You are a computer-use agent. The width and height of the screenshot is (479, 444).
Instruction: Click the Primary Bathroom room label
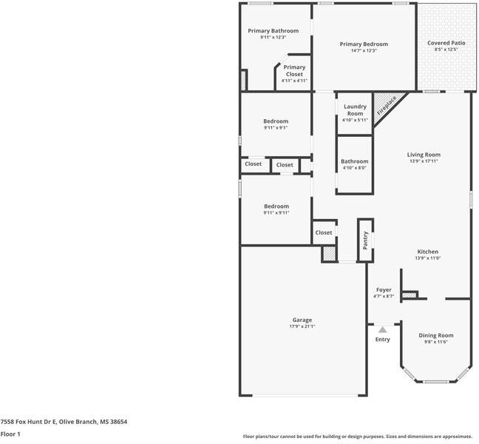tap(274, 30)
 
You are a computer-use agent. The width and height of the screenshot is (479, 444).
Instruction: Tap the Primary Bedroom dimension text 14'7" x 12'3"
tap(364, 50)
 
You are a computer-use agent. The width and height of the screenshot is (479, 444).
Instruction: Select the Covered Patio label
tap(446, 43)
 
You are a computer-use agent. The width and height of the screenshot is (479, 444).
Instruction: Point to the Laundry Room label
tap(355, 110)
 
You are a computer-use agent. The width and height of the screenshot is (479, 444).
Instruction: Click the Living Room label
tap(424, 155)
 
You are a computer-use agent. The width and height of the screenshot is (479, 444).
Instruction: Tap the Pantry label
tap(365, 240)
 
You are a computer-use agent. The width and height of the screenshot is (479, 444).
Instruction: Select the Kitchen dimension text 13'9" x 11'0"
tap(427, 258)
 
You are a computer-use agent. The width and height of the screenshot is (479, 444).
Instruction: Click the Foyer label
tap(384, 289)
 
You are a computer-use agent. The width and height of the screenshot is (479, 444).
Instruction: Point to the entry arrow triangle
tap(382, 329)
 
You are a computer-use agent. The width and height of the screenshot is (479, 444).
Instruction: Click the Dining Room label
tap(436, 335)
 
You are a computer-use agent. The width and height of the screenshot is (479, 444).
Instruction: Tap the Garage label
tap(302, 320)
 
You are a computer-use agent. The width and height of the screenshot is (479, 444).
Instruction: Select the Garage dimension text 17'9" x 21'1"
tap(302, 326)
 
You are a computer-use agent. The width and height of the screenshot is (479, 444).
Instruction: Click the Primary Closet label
tap(294, 70)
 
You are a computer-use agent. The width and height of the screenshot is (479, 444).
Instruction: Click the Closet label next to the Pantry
tap(324, 232)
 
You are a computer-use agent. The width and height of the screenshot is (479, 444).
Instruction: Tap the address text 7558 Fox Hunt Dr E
tap(30, 421)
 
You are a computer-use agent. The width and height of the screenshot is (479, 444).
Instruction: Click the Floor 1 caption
tap(10, 434)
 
